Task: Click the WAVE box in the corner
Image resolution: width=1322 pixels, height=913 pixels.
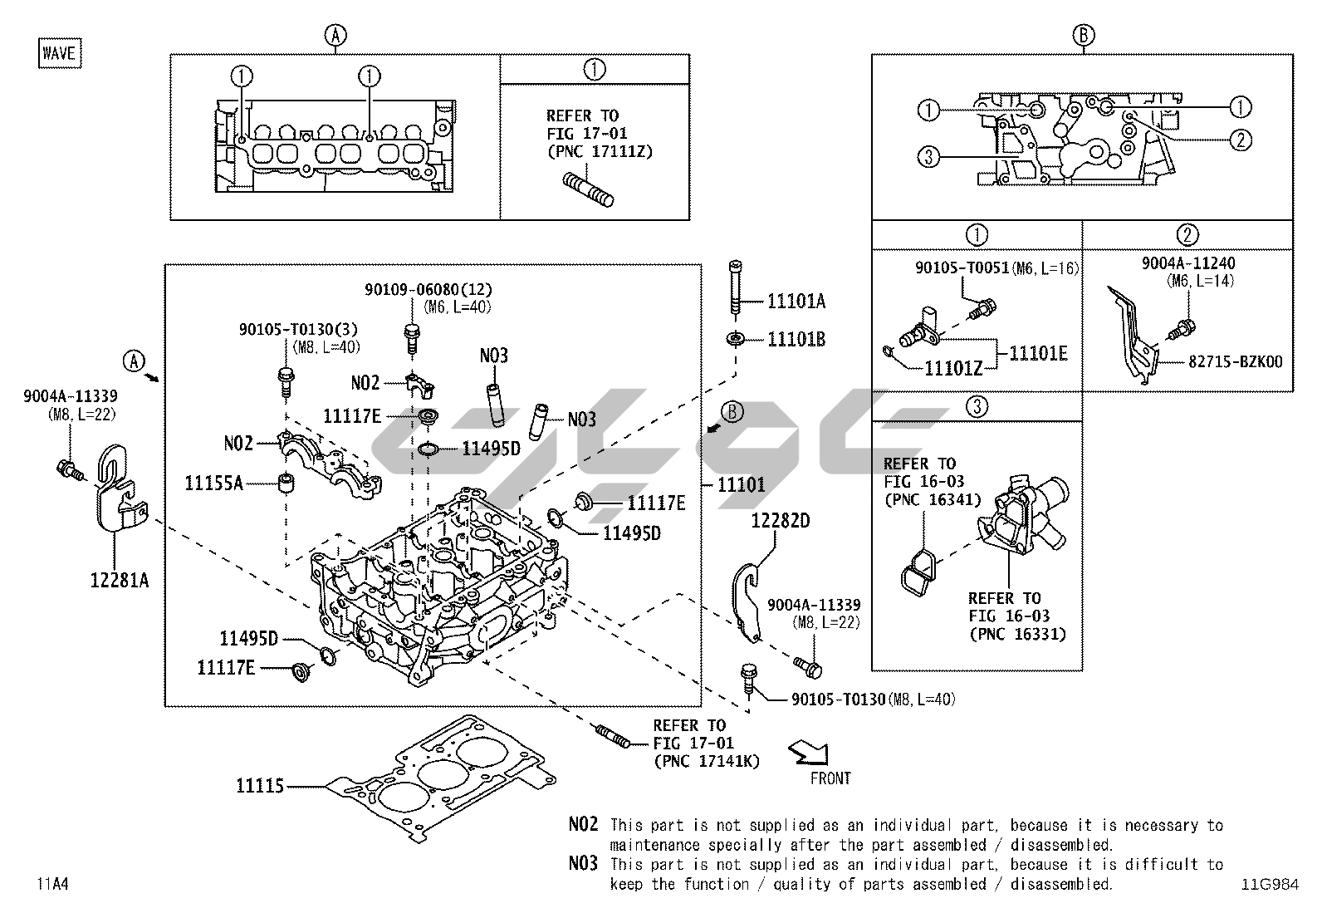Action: coord(59,54)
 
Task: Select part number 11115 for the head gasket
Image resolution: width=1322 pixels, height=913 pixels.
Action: coord(260,785)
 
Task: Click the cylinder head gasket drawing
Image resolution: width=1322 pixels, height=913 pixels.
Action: coord(440,777)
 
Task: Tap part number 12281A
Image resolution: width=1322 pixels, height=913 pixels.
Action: coord(120,580)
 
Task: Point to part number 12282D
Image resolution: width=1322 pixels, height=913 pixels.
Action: coord(780,521)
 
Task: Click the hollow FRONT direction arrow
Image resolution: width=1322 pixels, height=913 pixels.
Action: coord(809,753)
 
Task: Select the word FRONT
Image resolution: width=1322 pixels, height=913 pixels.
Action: coord(830,778)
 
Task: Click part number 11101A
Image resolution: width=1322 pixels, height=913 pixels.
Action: coord(796,301)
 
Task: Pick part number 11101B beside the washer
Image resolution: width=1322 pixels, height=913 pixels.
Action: coord(796,339)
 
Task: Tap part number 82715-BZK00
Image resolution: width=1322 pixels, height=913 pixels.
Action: coord(1235,361)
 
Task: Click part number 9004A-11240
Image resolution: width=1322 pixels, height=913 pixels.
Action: coord(1187,263)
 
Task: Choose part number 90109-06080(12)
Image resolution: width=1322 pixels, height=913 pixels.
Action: coord(428,289)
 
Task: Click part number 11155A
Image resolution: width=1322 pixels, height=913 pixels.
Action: coord(213,482)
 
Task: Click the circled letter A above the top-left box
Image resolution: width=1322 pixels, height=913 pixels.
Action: coord(335,35)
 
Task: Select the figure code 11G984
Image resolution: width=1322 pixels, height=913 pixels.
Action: coord(1270,884)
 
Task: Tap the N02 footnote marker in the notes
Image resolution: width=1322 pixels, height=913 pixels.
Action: coord(583,824)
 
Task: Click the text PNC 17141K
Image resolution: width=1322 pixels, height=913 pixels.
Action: coord(706,760)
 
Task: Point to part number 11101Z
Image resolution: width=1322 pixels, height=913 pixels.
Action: coord(953,368)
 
